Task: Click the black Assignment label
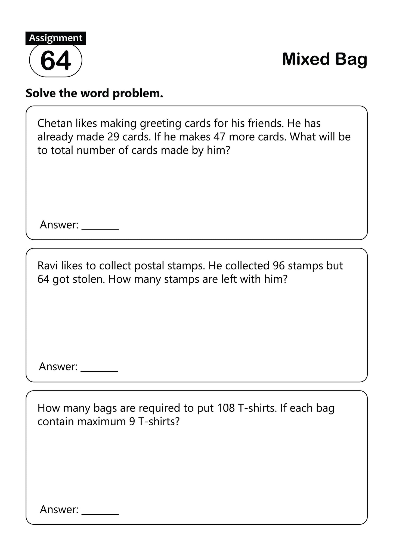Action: tap(55, 38)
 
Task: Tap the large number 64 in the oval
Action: tap(55, 60)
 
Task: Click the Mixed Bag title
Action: tap(324, 59)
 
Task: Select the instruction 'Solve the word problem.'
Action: tap(94, 93)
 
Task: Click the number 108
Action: tap(226, 408)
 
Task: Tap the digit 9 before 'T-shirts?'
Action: tap(132, 422)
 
